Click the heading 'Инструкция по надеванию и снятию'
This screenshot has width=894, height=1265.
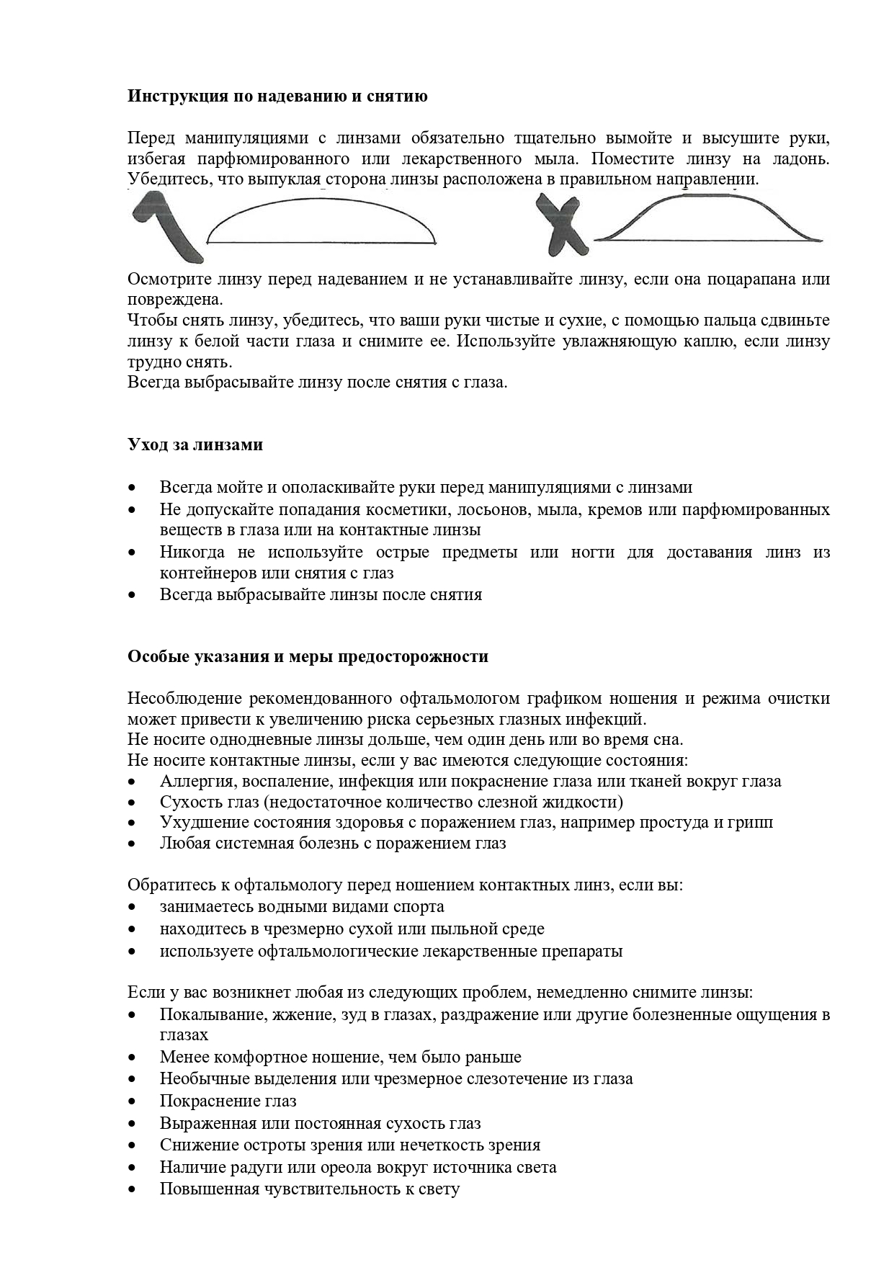tap(277, 96)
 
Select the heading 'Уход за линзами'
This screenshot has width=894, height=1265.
tap(195, 444)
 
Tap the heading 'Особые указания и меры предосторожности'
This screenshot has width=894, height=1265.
tap(308, 656)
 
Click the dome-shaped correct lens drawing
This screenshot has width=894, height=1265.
tap(321, 224)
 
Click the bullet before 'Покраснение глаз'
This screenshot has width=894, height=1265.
tap(132, 1101)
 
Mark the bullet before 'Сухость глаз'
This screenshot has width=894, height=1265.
tap(132, 803)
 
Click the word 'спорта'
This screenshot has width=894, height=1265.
tap(419, 906)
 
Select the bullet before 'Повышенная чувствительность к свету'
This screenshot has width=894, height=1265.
tap(132, 1189)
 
